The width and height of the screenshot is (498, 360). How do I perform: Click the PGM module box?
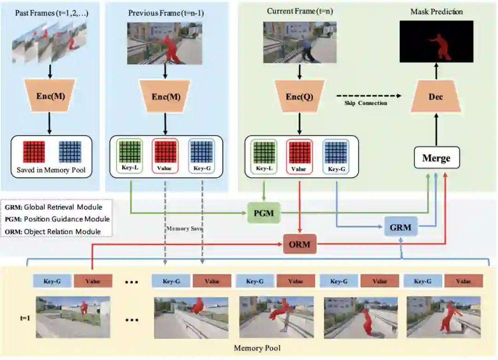263,213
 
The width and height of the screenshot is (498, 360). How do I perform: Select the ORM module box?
299,243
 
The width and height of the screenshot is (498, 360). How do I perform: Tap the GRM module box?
400,227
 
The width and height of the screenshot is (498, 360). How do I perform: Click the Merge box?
436,158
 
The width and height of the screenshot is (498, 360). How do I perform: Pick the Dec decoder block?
436,97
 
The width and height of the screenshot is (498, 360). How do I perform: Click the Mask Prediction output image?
436,42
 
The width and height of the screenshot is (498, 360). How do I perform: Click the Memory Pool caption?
257,348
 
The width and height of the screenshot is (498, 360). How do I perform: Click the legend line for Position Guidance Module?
57,219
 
